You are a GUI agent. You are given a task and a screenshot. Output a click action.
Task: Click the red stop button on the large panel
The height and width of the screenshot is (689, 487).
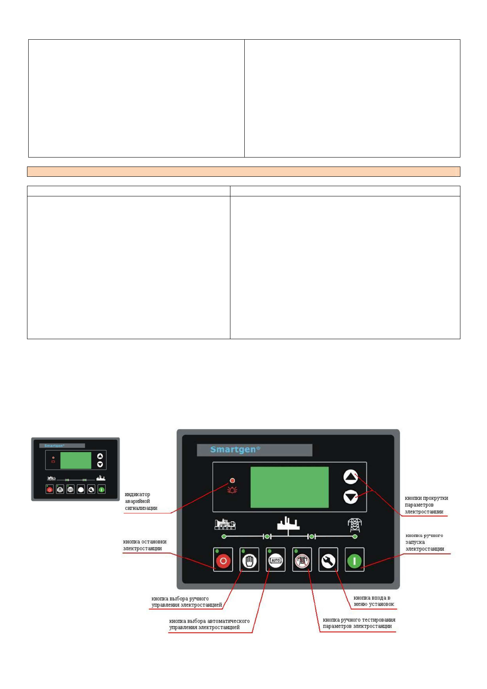[x=223, y=560]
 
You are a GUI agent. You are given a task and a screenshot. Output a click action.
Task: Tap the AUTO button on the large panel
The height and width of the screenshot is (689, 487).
[x=275, y=560]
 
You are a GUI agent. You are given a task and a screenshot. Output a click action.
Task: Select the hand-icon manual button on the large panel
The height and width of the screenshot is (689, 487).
[x=249, y=560]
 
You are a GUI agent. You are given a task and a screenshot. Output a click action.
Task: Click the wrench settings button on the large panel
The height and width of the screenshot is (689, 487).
[x=328, y=560]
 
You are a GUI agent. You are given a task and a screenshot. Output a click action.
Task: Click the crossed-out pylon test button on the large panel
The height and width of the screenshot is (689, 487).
[x=302, y=560]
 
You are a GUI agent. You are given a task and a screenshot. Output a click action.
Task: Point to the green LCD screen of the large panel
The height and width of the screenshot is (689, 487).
[x=289, y=487]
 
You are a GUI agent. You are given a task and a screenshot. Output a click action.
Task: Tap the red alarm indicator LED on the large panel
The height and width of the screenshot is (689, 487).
[x=232, y=480]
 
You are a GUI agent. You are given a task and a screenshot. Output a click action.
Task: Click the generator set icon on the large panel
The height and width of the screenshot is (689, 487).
[x=225, y=524]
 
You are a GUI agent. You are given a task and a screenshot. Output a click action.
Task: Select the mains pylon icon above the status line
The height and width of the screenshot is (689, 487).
[x=355, y=525]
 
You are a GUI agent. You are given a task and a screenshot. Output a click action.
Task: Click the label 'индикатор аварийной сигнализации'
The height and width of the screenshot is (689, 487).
[x=141, y=501]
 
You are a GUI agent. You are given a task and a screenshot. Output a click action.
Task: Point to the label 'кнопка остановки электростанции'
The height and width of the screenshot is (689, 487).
[x=144, y=545]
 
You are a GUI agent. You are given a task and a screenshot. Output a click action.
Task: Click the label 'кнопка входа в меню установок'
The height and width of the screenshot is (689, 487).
[x=374, y=601]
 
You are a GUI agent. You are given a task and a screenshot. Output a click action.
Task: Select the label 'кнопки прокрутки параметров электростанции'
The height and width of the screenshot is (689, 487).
[x=426, y=505]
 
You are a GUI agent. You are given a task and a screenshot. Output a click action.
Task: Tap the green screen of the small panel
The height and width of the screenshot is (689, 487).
[x=76, y=460]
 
